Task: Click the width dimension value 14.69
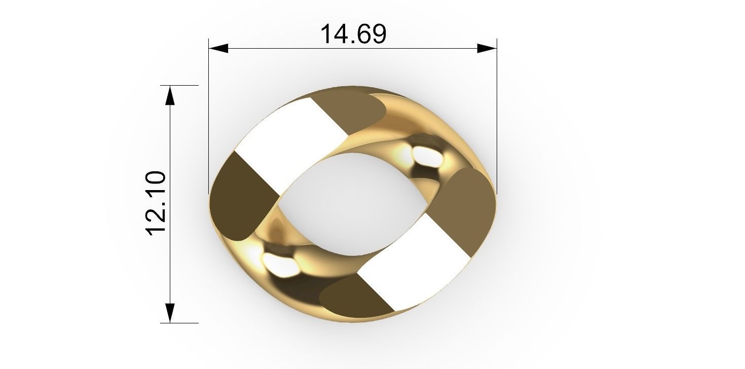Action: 353,34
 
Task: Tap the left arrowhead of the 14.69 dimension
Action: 218,48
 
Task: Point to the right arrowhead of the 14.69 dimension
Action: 487,48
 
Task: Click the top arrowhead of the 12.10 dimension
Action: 170,95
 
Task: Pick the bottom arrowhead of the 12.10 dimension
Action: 170,313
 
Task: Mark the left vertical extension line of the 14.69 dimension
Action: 209,117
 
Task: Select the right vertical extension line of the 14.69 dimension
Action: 497,117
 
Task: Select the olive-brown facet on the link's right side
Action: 469,208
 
